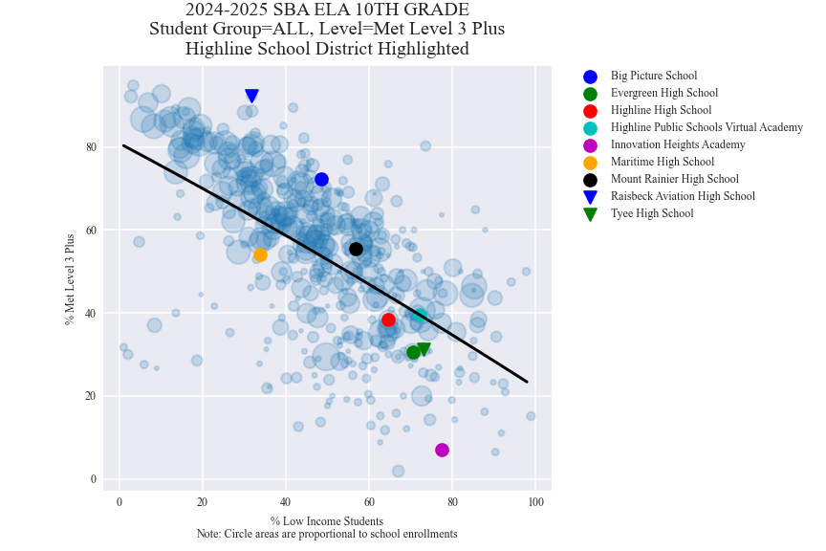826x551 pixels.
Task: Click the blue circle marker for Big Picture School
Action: coord(321,180)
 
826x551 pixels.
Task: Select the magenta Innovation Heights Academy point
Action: coord(442,450)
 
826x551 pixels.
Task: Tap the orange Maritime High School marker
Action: coord(260,254)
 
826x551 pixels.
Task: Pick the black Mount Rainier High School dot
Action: coord(356,249)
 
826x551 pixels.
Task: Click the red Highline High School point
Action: coord(388,320)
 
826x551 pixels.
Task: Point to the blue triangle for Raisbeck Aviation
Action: coord(251,96)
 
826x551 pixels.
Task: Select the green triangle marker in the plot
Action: coord(424,350)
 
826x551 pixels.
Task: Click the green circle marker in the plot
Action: coord(413,352)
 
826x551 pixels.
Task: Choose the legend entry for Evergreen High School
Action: coord(663,93)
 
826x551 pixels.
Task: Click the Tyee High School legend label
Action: coord(651,213)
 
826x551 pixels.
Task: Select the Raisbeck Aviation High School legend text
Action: coord(683,196)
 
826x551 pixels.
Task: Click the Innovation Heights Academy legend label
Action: coord(678,144)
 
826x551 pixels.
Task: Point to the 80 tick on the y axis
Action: coord(91,147)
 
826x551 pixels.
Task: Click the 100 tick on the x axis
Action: coord(536,502)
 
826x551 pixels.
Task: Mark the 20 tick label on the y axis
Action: coord(91,396)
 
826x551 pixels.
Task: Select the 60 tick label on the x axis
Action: coord(369,502)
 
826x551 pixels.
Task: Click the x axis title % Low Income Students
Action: coord(326,521)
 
